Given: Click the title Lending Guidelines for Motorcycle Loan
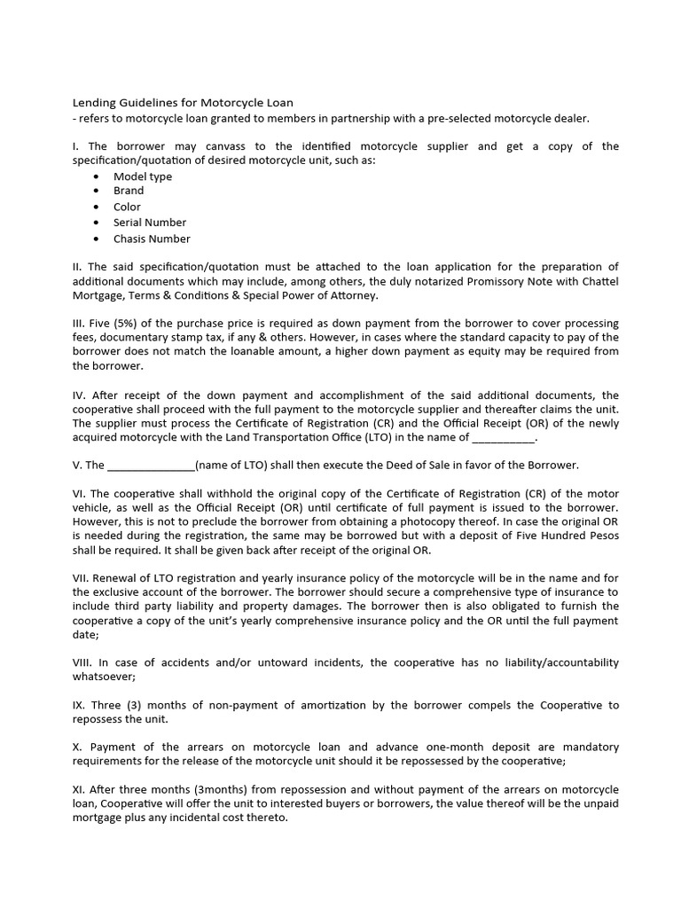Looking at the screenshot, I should coord(182,103).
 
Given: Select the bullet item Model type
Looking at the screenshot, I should coord(142,176).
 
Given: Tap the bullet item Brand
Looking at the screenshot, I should coord(128,191).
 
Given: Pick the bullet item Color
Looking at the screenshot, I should coord(127,207).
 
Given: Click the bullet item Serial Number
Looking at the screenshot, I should coord(149,223).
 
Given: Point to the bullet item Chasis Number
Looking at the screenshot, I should coord(151,239).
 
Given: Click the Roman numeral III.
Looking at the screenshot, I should coord(77,324).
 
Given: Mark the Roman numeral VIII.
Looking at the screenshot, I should coord(81,663).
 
